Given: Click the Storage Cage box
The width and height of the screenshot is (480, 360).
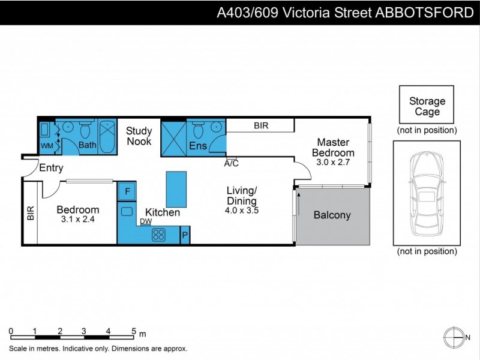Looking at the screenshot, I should pyautogui.click(x=427, y=106).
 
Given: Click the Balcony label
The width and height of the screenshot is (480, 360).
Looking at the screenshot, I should pyautogui.click(x=332, y=215).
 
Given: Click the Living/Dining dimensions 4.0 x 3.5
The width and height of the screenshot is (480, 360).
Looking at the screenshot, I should pyautogui.click(x=242, y=211).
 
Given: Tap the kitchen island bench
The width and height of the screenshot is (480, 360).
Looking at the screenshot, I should pyautogui.click(x=176, y=189).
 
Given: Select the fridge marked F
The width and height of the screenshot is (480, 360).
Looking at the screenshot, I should pyautogui.click(x=127, y=191).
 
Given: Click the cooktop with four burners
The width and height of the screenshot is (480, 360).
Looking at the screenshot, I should pyautogui.click(x=159, y=235).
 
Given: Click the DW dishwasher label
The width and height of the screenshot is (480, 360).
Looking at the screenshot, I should pyautogui.click(x=146, y=221).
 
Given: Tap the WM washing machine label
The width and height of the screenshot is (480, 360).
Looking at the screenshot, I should pyautogui.click(x=47, y=146).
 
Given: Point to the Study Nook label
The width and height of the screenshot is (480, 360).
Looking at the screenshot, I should pyautogui.click(x=139, y=136).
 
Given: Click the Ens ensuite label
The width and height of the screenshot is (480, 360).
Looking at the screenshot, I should pyautogui.click(x=197, y=145).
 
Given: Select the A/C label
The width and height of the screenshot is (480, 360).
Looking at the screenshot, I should pyautogui.click(x=232, y=163).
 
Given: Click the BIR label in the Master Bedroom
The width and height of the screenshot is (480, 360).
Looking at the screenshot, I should pyautogui.click(x=261, y=126).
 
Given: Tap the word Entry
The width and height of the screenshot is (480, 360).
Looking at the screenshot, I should pyautogui.click(x=51, y=168).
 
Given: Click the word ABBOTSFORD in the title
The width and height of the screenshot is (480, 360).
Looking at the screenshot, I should pyautogui.click(x=424, y=13).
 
